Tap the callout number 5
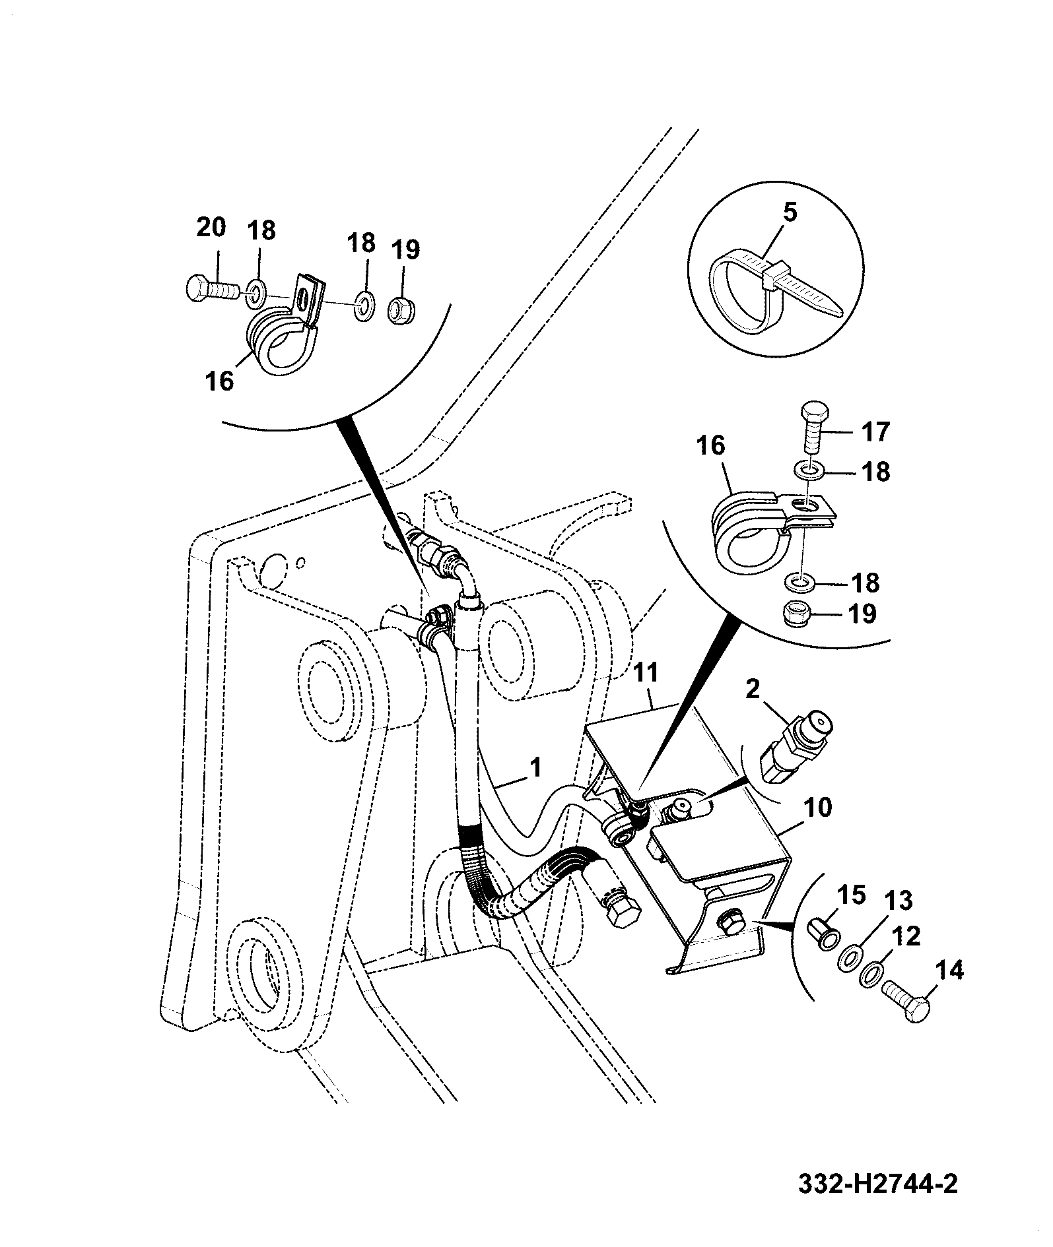[790, 212]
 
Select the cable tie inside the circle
[776, 290]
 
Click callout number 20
[211, 228]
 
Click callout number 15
[850, 895]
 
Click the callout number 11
[646, 674]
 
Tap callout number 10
[819, 808]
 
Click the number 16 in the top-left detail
[219, 381]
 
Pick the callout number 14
[949, 970]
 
